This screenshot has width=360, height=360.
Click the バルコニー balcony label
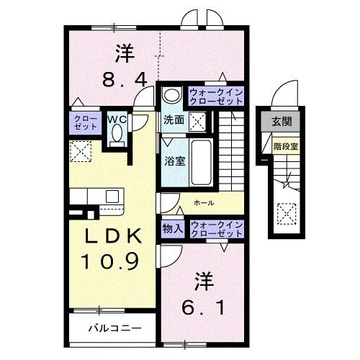(x=111, y=328)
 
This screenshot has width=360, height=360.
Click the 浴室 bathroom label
(x=175, y=161)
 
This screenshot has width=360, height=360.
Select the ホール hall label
(x=204, y=203)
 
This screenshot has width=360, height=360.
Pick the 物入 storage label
(x=173, y=228)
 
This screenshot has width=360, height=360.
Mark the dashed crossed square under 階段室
(x=286, y=214)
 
